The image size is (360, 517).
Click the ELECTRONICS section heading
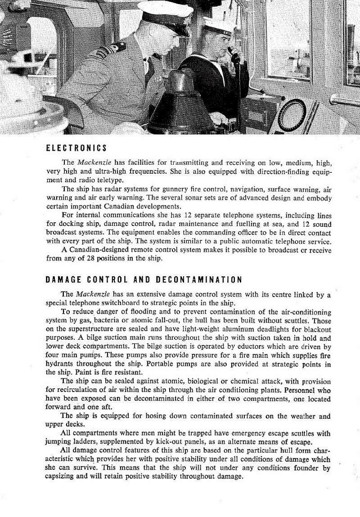76,148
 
